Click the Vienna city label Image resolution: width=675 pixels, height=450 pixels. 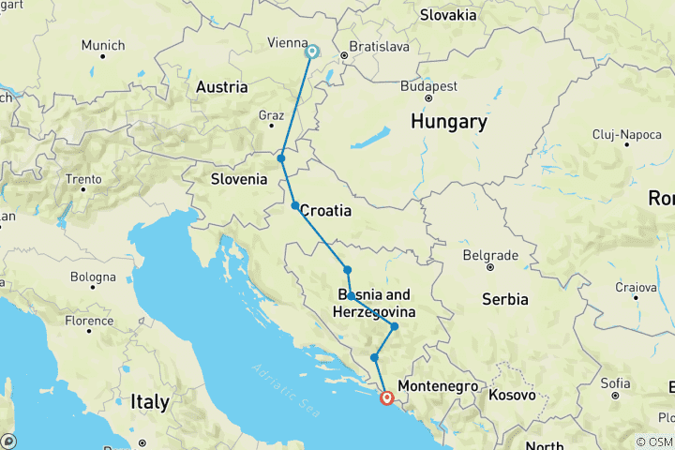[x=287, y=43]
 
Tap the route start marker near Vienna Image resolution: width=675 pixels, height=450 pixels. [x=311, y=52]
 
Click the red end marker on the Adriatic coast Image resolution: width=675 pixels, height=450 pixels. [x=386, y=397]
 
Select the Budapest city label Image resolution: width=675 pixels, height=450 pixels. [x=428, y=85]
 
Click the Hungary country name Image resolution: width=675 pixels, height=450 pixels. [x=448, y=122]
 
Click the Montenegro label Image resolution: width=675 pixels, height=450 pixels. [x=438, y=386]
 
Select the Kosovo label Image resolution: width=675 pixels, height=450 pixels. [x=512, y=386]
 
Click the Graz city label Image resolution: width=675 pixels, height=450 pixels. [x=271, y=115]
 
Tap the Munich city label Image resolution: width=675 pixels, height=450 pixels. [x=102, y=45]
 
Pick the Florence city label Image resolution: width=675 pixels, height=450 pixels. [x=89, y=321]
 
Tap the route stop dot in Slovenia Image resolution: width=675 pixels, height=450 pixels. [x=281, y=158]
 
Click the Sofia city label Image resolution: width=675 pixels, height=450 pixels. [x=615, y=382]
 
